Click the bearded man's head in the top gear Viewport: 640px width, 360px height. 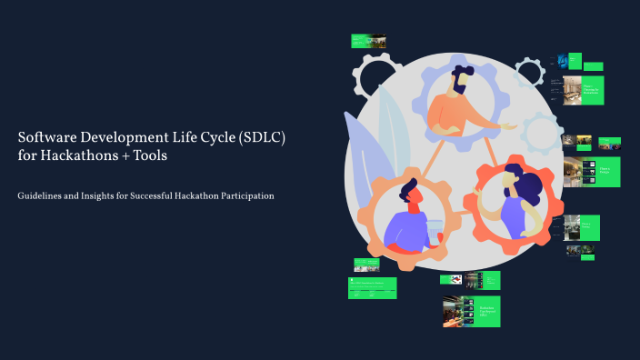[x=460, y=81]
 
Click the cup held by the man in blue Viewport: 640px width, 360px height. [x=435, y=230]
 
